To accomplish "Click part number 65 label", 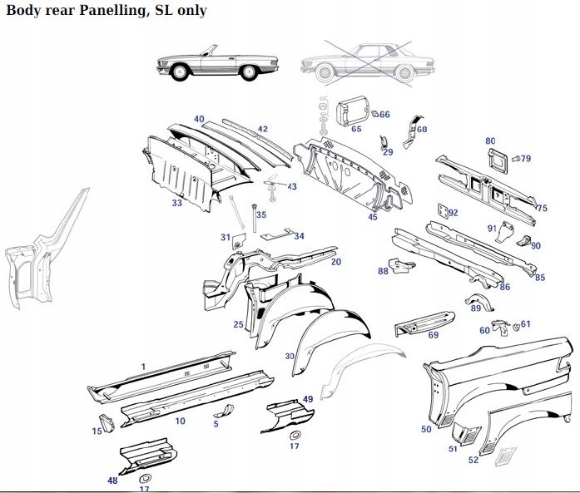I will pos(356,129).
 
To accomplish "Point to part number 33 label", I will pos(177,202).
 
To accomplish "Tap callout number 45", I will pos(373,217).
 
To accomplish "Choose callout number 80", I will pos(490,141).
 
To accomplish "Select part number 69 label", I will pos(433,335).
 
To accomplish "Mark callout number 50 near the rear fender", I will pos(426,429).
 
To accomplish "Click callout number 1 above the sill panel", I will pos(143,367).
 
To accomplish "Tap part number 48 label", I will pos(112,480).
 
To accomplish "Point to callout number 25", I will pos(238,324).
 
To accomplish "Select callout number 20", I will pos(336,262).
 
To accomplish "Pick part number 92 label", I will pos(454,213).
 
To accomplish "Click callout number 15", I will pos(97,431).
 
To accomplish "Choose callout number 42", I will pos(262,129).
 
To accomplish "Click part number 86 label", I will pos(504,287).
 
